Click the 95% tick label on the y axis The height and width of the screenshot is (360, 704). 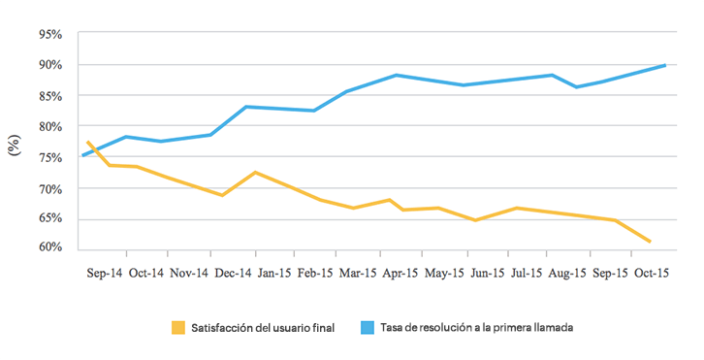49,34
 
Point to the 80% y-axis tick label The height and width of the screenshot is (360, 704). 49,126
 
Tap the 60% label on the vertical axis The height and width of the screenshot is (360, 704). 49,247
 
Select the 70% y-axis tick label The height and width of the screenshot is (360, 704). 49,187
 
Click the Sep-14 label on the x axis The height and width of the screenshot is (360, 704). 105,274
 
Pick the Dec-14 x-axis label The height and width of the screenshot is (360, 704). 233,274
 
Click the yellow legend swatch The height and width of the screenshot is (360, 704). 178,328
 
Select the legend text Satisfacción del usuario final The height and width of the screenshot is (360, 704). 261,328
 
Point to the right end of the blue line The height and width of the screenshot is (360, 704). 665,65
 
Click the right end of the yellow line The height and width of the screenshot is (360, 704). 650,242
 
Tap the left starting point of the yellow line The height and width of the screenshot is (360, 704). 87,142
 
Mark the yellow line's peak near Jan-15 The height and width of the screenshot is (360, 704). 254,172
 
